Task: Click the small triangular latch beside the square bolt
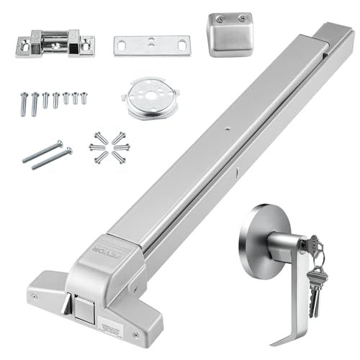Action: [x=66, y=306]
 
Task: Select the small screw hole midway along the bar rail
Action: [x=225, y=130]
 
